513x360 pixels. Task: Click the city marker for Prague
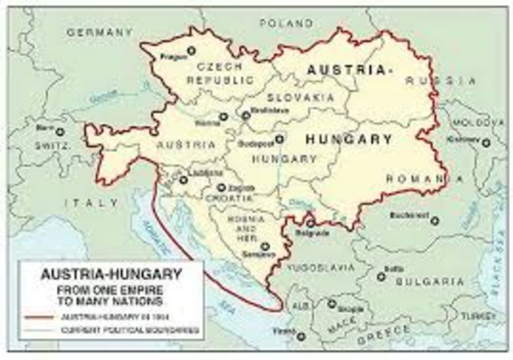pos(191,51)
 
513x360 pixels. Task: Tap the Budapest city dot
pos(279,139)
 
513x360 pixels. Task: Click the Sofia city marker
pos(382,277)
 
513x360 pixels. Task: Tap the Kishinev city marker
pos(486,143)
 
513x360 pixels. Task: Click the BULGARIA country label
pos(429,282)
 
